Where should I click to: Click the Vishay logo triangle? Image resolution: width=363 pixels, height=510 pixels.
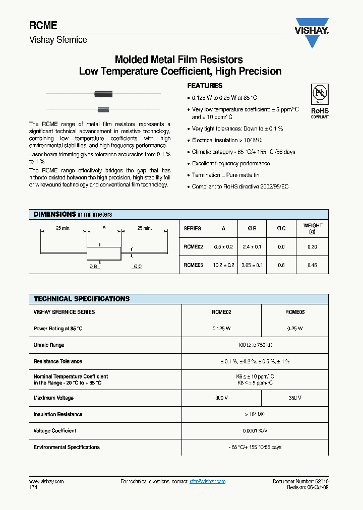[x=312, y=34]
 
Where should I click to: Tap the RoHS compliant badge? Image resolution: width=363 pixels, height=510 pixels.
[x=319, y=101]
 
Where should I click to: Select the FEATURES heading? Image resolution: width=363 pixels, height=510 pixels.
[x=205, y=86]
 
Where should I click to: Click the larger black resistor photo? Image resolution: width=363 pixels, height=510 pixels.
[x=103, y=94]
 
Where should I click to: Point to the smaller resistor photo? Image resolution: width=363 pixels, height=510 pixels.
[x=103, y=109]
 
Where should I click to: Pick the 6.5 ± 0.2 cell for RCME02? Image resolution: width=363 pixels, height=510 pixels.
[x=223, y=247]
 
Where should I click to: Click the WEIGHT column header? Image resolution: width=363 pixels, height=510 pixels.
[x=312, y=228]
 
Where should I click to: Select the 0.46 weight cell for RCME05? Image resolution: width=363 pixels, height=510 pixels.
[x=312, y=265]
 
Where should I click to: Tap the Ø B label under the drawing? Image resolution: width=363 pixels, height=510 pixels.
[x=94, y=267]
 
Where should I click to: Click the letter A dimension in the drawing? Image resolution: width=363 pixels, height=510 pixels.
[x=104, y=228]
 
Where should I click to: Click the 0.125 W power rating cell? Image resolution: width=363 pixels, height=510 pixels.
[x=221, y=329]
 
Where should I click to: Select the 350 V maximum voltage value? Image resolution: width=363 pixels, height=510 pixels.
[x=294, y=398]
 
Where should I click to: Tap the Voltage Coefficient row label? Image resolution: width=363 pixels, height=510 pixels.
[x=55, y=431]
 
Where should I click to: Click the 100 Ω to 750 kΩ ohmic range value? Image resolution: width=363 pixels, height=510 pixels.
[x=255, y=345]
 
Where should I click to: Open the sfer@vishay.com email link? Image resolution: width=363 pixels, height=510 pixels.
[x=207, y=482]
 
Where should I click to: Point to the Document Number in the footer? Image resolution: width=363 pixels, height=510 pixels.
[x=300, y=482]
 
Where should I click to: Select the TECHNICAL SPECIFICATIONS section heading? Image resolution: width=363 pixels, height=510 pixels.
[x=82, y=299]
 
